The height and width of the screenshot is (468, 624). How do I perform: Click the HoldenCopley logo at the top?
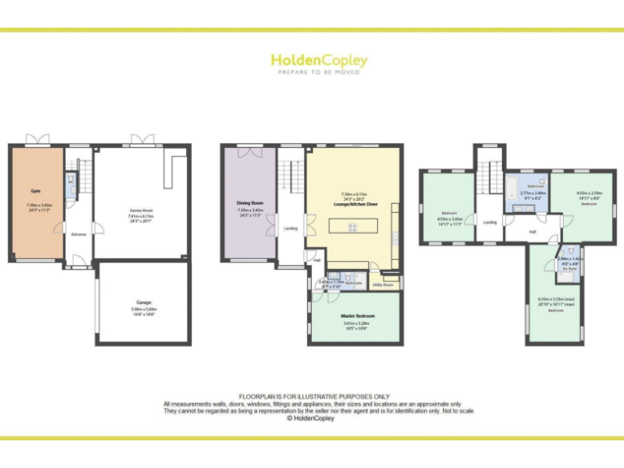[318, 60]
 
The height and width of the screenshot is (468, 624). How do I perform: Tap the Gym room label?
[34, 191]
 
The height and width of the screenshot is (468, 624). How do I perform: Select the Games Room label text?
[141, 210]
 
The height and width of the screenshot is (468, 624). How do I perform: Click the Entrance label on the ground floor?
[79, 235]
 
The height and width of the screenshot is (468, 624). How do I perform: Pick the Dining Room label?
[249, 202]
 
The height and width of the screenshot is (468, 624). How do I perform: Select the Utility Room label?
[382, 285]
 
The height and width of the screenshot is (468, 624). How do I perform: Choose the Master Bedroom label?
[358, 315]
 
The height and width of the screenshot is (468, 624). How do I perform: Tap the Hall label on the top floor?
[533, 232]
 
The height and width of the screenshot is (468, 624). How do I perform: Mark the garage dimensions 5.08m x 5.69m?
[144, 309]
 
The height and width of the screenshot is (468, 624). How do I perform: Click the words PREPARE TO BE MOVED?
[318, 72]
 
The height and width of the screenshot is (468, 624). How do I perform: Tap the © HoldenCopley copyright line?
[313, 418]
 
